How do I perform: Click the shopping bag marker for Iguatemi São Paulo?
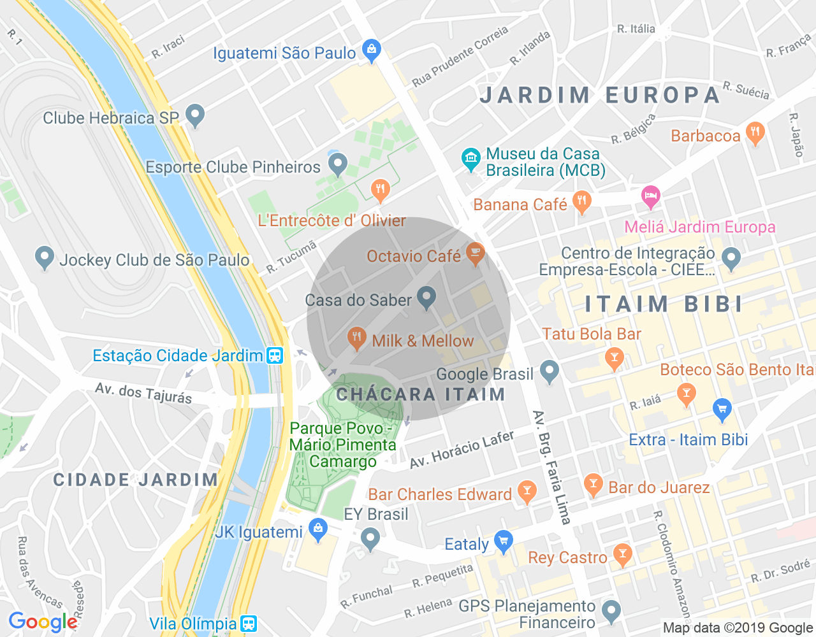click(371, 50)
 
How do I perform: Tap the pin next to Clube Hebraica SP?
click(195, 115)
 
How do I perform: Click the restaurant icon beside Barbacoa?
click(755, 132)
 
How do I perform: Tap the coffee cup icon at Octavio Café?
click(474, 254)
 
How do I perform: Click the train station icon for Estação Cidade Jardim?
click(275, 355)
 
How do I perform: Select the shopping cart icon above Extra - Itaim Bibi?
click(722, 410)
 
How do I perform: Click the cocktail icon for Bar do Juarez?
click(593, 485)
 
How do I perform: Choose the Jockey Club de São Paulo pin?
click(44, 257)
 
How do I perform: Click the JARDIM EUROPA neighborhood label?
click(600, 95)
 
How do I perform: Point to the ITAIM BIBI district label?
click(664, 304)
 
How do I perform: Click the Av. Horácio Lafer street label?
click(462, 450)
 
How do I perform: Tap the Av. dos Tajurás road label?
click(143, 393)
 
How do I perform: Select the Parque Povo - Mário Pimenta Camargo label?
click(343, 445)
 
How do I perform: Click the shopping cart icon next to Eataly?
click(503, 541)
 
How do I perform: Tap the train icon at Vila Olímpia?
click(249, 624)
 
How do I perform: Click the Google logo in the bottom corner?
click(43, 622)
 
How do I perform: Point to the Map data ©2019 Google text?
click(738, 628)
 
